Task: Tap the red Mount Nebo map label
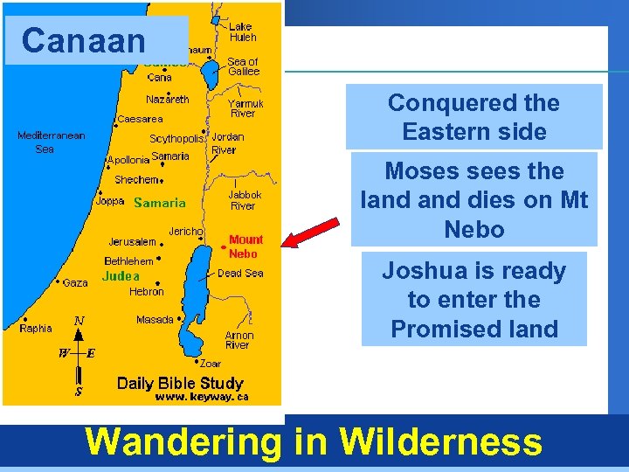click(245, 246)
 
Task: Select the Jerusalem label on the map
click(132, 241)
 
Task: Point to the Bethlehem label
click(128, 261)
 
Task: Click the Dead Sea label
click(241, 273)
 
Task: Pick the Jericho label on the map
click(186, 231)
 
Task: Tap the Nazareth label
click(167, 99)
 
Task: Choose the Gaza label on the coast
click(75, 283)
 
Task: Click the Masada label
click(155, 320)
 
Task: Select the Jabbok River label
click(242, 200)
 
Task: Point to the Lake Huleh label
click(242, 32)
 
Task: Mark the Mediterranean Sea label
click(51, 142)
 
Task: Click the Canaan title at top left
click(84, 40)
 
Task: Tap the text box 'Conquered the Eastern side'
click(473, 117)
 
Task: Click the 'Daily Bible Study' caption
click(180, 383)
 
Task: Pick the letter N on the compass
click(79, 322)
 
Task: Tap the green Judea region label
click(121, 276)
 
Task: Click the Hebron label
click(146, 292)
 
